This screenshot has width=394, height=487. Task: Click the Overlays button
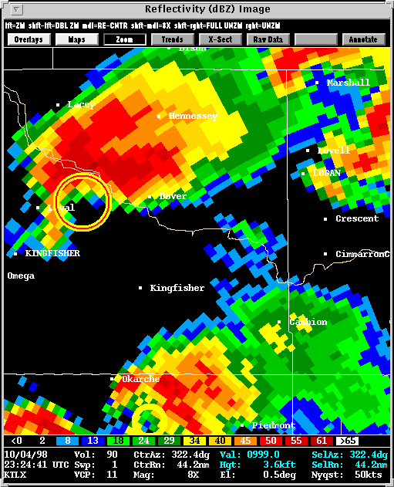[x=28, y=39]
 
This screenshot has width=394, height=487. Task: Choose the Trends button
[x=172, y=39]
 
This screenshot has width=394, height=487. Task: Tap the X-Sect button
[x=220, y=39]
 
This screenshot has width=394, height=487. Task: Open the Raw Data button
[x=268, y=39]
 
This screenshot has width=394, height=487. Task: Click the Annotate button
[x=363, y=39]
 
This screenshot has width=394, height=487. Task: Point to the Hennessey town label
[x=193, y=116]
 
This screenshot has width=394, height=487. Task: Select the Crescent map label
[x=357, y=218]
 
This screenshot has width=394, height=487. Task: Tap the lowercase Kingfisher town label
[x=177, y=288]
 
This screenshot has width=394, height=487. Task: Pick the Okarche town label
[x=140, y=379]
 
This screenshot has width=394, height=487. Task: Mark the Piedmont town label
[x=273, y=425]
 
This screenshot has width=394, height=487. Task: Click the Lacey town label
[x=81, y=104]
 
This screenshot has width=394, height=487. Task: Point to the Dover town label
[x=173, y=196]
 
